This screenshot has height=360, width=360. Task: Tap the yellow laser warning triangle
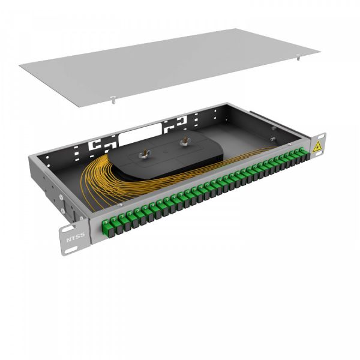pyautogui.click(x=317, y=146)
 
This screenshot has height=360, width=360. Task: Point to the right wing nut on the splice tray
pyautogui.click(x=184, y=142)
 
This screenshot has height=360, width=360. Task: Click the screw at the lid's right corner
pyautogui.click(x=298, y=57)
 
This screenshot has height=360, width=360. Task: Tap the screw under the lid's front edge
pyautogui.click(x=113, y=100)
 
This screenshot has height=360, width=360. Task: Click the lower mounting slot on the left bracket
pyautogui.click(x=72, y=250)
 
